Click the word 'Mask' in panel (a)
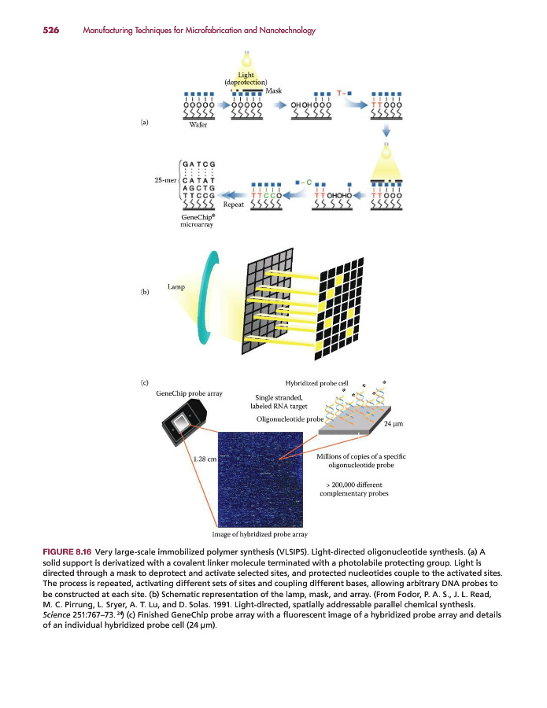click(273, 91)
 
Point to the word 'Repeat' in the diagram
click(234, 205)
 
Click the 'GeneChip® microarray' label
click(197, 219)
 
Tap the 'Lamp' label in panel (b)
click(176, 287)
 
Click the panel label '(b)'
click(144, 292)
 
